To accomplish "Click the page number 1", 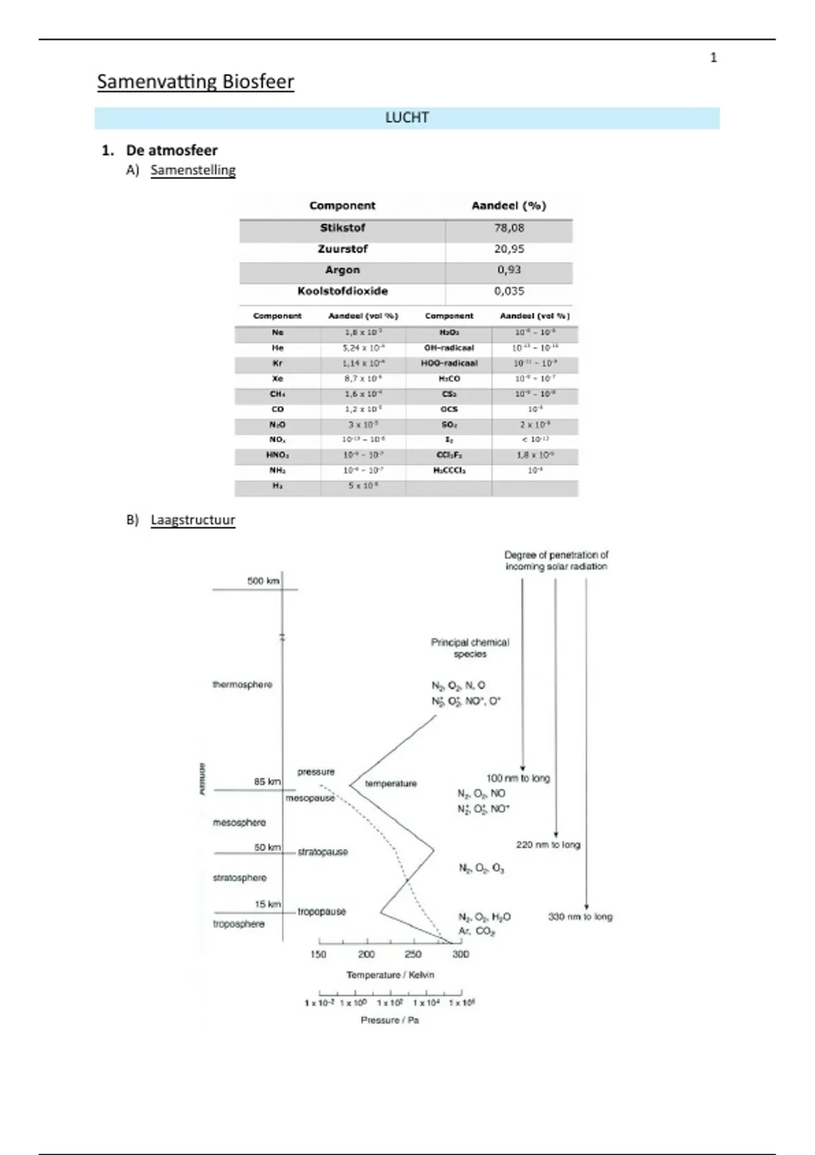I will [713, 58].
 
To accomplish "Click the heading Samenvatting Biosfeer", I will [196, 82].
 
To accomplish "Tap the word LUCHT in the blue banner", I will [407, 118].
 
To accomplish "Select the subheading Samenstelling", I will [193, 170].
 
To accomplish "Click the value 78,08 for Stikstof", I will [509, 228].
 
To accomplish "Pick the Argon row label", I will [342, 270].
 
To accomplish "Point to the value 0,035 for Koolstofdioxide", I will [509, 291].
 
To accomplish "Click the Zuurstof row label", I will [342, 249].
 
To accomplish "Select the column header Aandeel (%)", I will [509, 206].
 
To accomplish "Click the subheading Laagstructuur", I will [193, 520].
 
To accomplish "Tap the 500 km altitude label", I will [263, 581].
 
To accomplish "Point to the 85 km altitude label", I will [267, 781].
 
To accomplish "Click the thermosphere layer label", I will [242, 684].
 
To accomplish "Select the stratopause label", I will [323, 852].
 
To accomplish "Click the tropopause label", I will [322, 912].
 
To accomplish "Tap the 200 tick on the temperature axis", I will [366, 954].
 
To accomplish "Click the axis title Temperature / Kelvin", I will [391, 975].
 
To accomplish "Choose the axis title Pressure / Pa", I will [390, 1020].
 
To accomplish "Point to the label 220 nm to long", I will [548, 845].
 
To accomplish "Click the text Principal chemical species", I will [470, 647].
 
